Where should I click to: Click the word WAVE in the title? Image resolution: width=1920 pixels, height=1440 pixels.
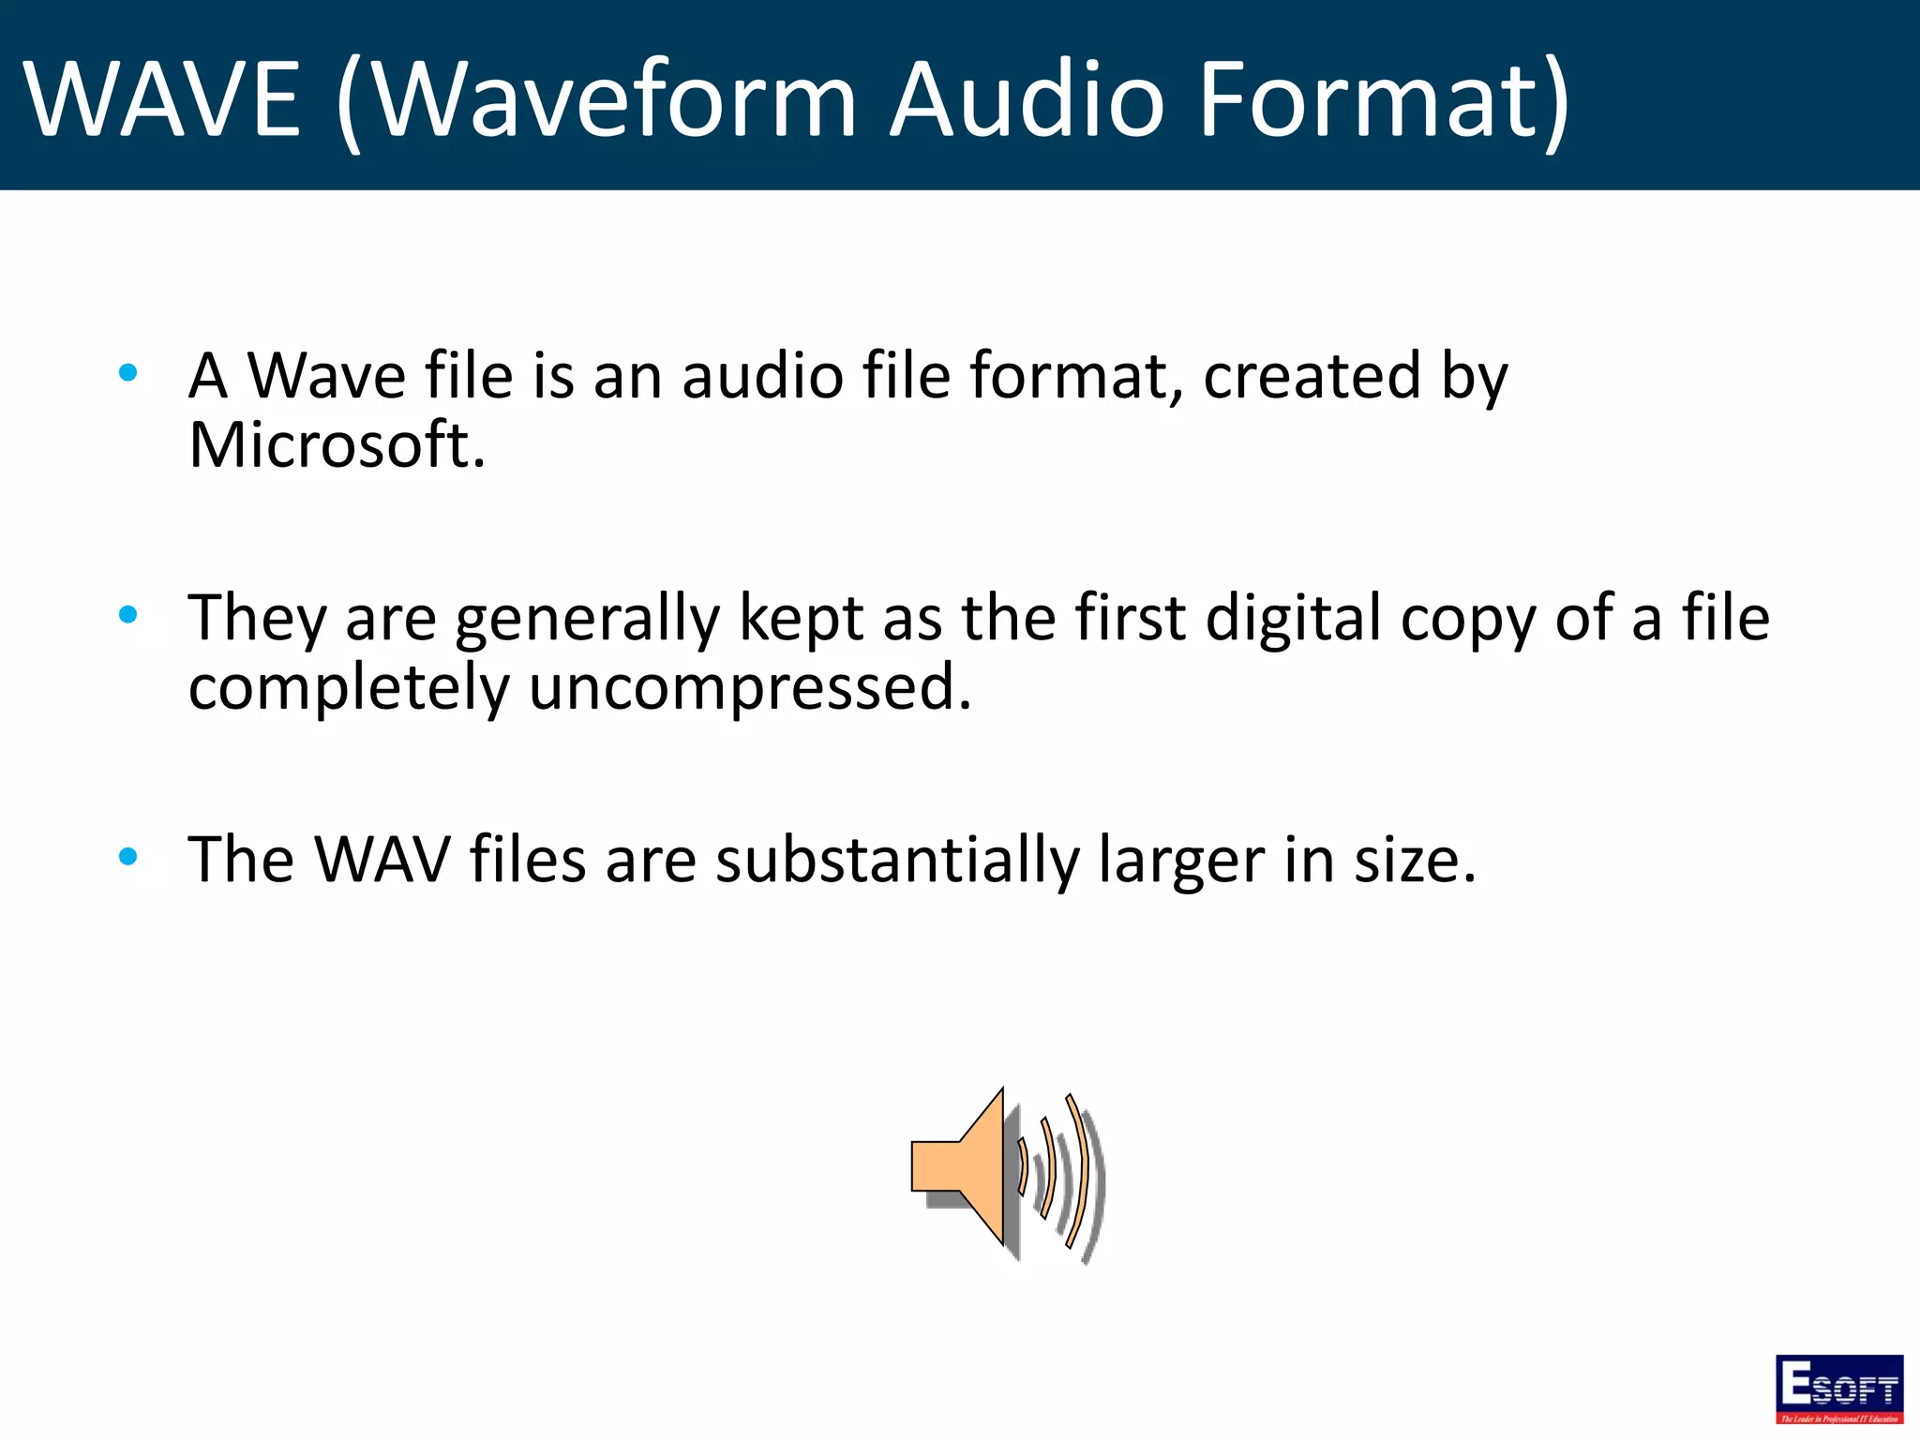click(x=161, y=98)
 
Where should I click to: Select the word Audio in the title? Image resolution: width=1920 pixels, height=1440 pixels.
click(x=1027, y=98)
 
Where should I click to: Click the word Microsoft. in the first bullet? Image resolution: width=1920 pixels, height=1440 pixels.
click(x=337, y=444)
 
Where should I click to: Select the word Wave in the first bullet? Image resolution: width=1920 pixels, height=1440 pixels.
click(x=326, y=376)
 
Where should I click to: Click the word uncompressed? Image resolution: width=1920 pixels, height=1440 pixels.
click(x=750, y=688)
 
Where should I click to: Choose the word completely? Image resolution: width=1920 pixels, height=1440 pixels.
click(x=349, y=688)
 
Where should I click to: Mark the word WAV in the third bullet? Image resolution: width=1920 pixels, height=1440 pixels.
click(x=382, y=860)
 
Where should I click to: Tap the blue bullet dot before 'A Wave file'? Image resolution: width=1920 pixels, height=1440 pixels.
click(x=128, y=373)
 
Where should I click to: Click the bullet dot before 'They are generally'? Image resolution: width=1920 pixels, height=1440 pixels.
click(x=128, y=615)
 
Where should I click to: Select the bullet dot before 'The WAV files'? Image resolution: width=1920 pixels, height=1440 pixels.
click(x=128, y=856)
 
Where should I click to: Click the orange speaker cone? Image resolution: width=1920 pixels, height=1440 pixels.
click(x=966, y=1166)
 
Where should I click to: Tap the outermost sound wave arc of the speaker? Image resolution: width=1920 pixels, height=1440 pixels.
click(x=1078, y=1172)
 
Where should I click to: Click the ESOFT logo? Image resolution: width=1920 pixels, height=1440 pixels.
click(x=1838, y=1388)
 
